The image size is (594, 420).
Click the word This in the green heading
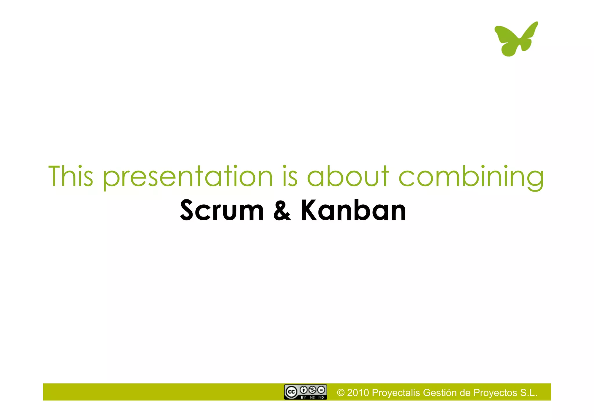[x=70, y=176]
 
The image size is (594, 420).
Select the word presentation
[x=188, y=176]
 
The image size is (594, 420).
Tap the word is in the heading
[x=290, y=176]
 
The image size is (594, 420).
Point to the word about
[x=348, y=176]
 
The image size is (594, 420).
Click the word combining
[x=471, y=176]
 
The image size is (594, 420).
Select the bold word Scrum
[x=222, y=210]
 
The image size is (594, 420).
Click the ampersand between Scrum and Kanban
[x=282, y=210]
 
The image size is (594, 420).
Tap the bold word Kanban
[x=353, y=210]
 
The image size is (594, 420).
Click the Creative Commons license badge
[x=305, y=392]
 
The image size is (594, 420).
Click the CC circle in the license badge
[x=291, y=392]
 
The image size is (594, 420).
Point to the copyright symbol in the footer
[x=341, y=393]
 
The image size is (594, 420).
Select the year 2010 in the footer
[x=358, y=393]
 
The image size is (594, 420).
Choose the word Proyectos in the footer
[x=495, y=393]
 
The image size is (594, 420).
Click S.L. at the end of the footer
[x=529, y=393]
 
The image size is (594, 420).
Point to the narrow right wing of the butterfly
[x=529, y=33]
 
